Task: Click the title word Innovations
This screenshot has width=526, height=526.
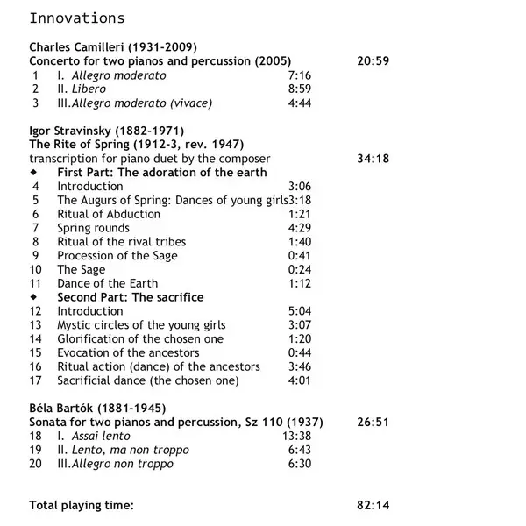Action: click(77, 18)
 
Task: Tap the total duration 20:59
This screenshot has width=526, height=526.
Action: click(373, 61)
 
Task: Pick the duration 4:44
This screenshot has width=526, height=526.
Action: click(300, 103)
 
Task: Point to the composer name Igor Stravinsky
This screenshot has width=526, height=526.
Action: click(70, 131)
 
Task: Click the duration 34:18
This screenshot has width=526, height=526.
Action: click(373, 159)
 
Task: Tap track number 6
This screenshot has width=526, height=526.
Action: click(36, 214)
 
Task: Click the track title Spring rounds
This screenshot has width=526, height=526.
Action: click(93, 228)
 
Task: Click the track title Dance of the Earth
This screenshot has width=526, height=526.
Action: click(108, 283)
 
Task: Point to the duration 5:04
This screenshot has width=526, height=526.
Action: click(300, 311)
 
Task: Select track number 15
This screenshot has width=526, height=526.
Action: click(36, 352)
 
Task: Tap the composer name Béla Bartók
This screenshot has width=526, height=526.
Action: click(65, 408)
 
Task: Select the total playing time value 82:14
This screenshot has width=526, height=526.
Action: click(373, 505)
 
